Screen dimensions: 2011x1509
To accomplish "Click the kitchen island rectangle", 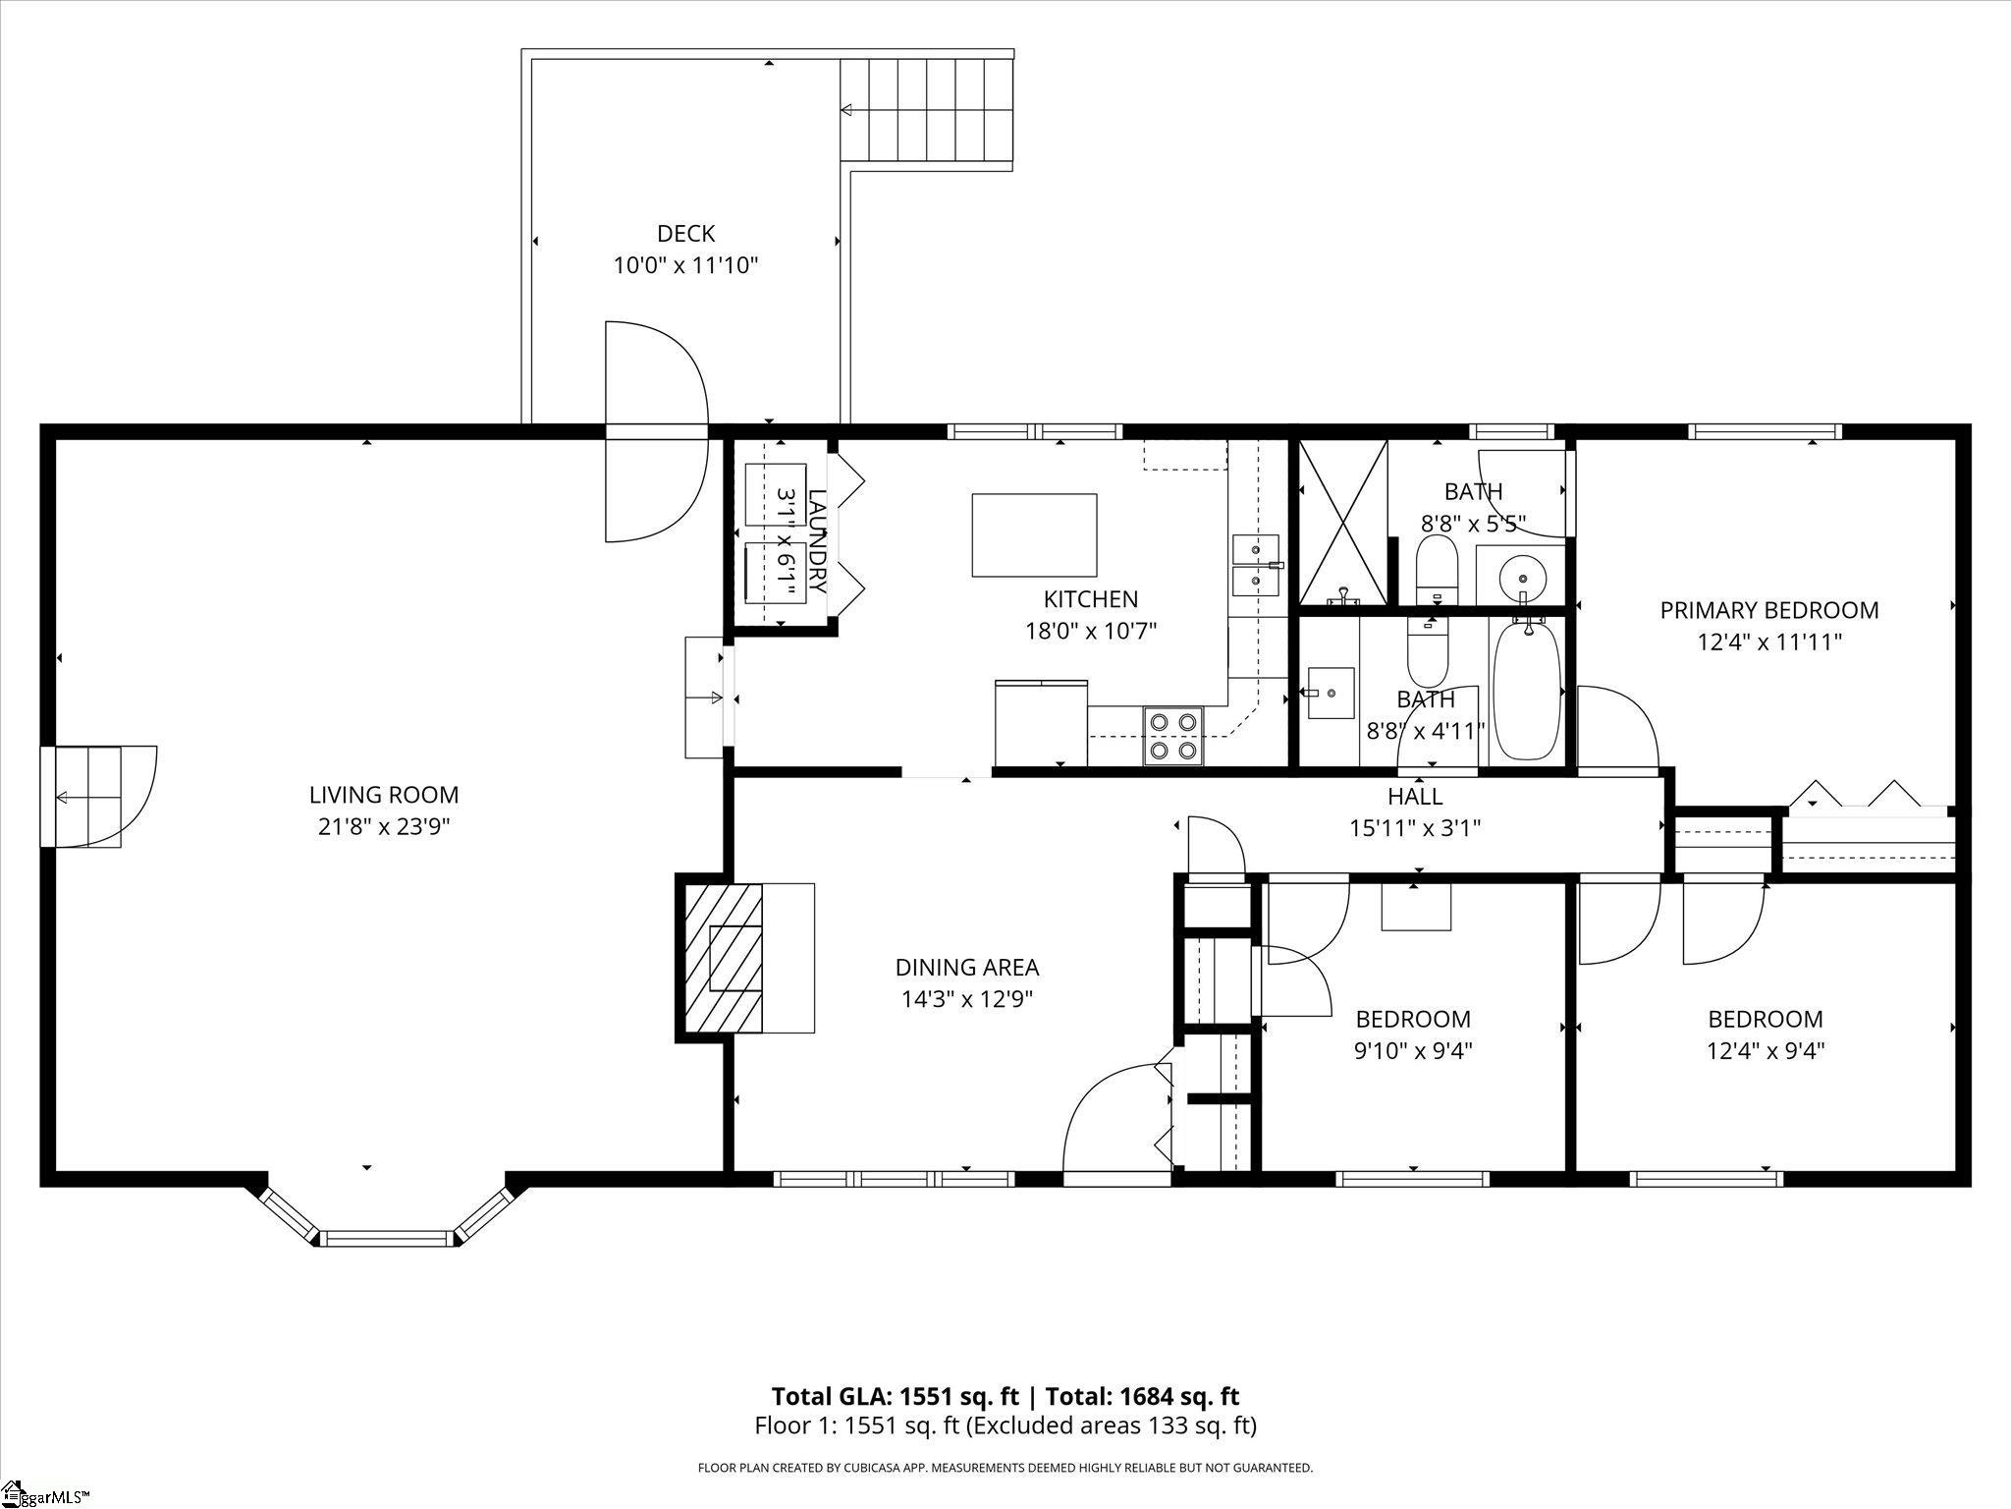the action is pos(1034,535).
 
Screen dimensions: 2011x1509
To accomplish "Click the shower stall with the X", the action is pos(1343,522).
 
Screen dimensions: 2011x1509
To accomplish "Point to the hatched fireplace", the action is pos(723,958).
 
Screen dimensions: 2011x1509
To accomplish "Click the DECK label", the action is pos(686,234).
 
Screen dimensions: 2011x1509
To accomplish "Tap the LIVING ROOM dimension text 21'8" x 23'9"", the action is pos(384,826).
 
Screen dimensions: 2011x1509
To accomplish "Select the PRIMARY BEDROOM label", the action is pos(1769,610).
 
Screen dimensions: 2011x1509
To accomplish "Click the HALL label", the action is pos(1415,796).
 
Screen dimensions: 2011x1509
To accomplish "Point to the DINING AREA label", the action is pos(967,968).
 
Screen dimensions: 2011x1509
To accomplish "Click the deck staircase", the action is pos(926,110).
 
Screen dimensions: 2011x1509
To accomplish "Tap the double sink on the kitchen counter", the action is pos(1255,566).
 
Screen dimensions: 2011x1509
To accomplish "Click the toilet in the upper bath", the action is pos(1439,570).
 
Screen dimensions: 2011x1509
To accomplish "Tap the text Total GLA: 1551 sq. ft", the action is pos(896,1396).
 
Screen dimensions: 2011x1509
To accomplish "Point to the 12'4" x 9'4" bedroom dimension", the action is pos(1766,1051).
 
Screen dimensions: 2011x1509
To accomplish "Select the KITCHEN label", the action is pos(1091,599).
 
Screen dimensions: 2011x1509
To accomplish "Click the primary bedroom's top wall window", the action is pos(1765,431).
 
